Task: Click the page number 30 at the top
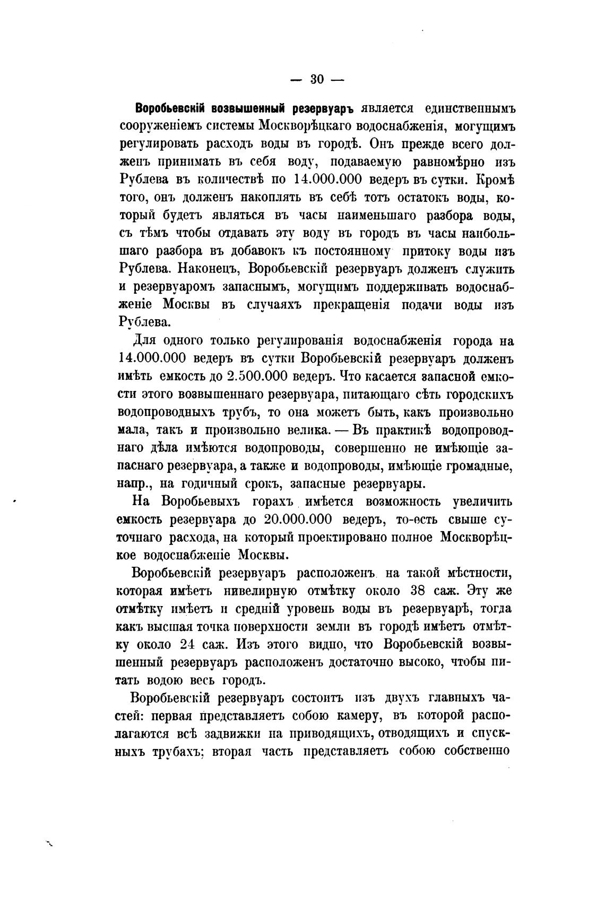click(x=317, y=80)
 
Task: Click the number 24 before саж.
click(x=188, y=644)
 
